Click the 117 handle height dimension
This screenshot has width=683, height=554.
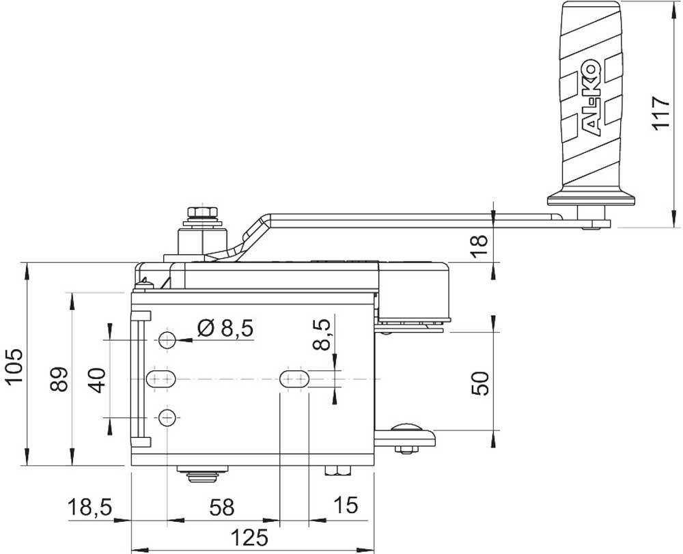point(660,112)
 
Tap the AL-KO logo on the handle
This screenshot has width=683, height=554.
point(591,99)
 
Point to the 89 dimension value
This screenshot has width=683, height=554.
point(59,379)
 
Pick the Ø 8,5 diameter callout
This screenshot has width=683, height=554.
point(225,329)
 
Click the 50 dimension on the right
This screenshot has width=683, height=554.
point(480,383)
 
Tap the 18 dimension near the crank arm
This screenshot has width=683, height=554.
point(480,246)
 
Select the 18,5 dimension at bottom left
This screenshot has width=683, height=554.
point(89,508)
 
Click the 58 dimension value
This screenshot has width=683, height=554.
point(222,508)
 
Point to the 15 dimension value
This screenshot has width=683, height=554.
point(346,505)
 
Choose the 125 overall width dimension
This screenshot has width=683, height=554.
point(249,538)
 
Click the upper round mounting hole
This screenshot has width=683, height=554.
point(167,340)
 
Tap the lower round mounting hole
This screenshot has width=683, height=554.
point(167,418)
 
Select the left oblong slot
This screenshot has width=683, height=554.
point(161,379)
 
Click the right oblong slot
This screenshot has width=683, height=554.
point(294,379)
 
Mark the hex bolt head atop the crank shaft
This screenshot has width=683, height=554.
point(203,213)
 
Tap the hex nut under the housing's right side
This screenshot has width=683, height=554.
point(337,471)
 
